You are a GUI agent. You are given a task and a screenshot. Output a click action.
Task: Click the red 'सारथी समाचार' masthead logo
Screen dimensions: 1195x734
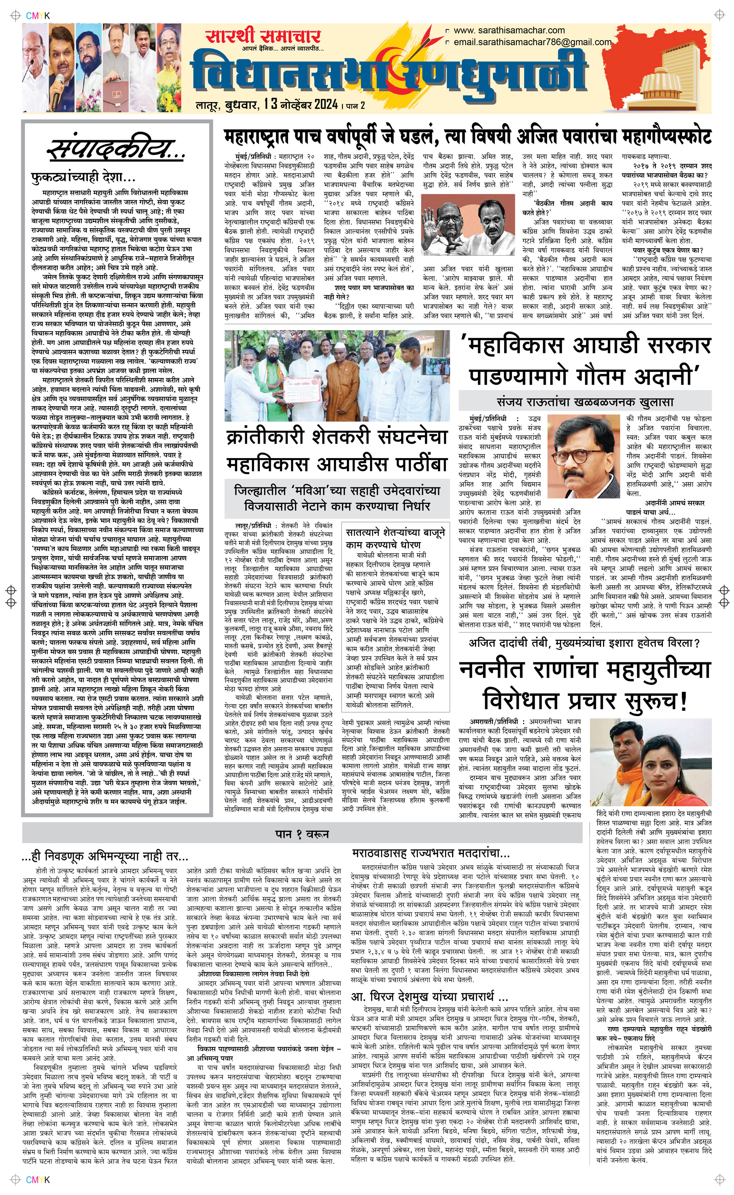click(x=262, y=37)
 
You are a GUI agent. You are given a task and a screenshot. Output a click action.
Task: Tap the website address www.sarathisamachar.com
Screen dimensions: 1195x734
click(x=509, y=30)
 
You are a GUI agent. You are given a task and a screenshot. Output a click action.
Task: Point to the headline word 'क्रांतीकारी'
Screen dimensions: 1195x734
click(x=277, y=437)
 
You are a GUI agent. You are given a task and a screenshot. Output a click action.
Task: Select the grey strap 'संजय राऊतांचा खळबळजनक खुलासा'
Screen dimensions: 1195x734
click(x=585, y=402)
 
